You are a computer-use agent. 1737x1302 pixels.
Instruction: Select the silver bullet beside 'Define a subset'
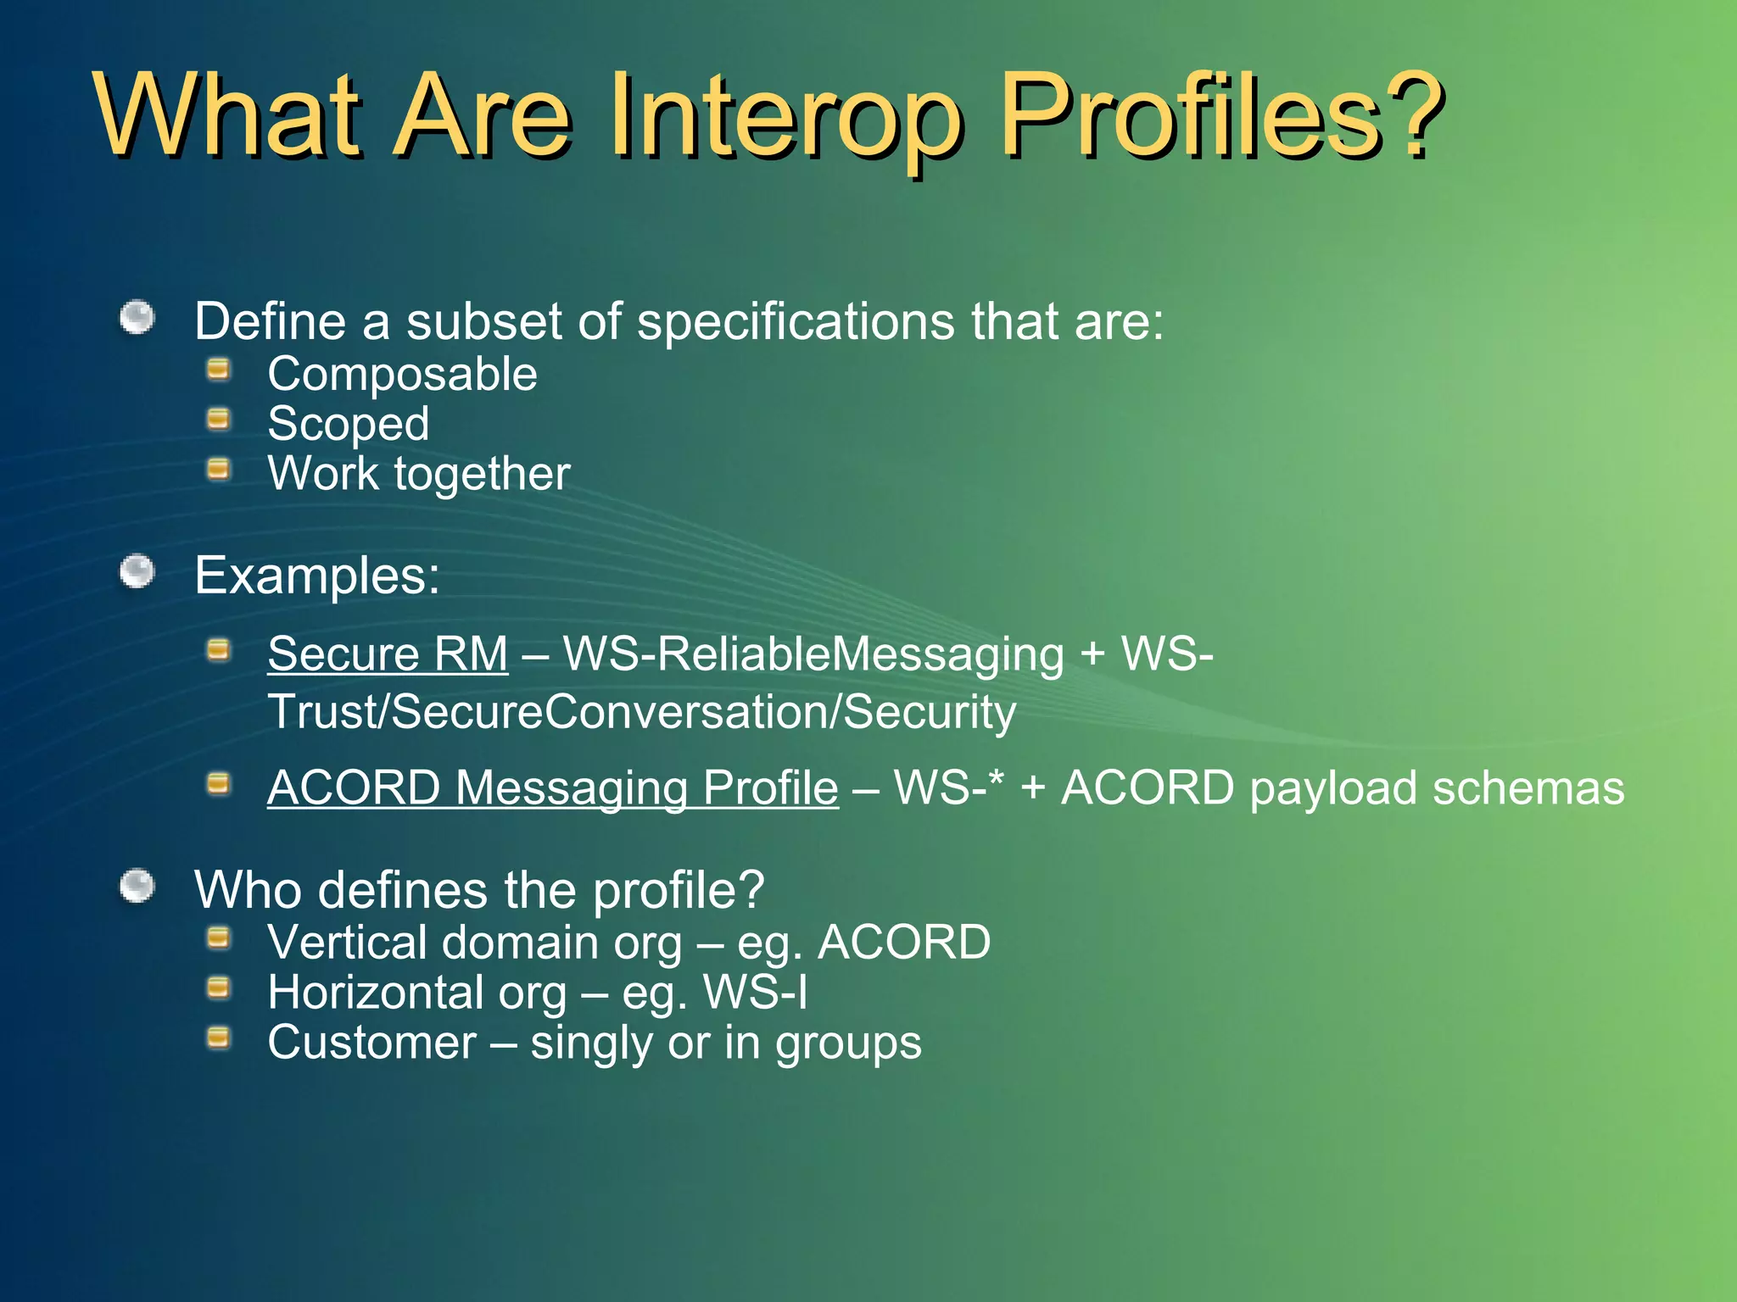pyautogui.click(x=137, y=319)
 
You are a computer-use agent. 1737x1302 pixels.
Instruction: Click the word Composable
pyautogui.click(x=402, y=374)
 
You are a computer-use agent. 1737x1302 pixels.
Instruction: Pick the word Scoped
pyautogui.click(x=348, y=424)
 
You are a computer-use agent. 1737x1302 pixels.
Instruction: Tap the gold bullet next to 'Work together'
pyautogui.click(x=219, y=469)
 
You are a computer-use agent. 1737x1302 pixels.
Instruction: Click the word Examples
pyautogui.click(x=316, y=576)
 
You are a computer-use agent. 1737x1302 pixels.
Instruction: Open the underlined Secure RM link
pyautogui.click(x=388, y=654)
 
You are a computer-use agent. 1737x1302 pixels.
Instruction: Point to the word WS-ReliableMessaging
pyautogui.click(x=813, y=654)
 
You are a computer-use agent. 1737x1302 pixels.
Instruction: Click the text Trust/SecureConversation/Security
pyautogui.click(x=641, y=711)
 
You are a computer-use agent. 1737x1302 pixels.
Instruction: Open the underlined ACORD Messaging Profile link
pyautogui.click(x=553, y=787)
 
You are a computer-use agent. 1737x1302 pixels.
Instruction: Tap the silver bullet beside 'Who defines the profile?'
pyautogui.click(x=137, y=887)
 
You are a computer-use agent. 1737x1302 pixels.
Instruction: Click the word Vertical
pyautogui.click(x=345, y=942)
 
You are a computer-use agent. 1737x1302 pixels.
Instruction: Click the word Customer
pyautogui.click(x=371, y=1042)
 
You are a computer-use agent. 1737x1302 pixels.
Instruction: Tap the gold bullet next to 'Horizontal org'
pyautogui.click(x=219, y=988)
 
